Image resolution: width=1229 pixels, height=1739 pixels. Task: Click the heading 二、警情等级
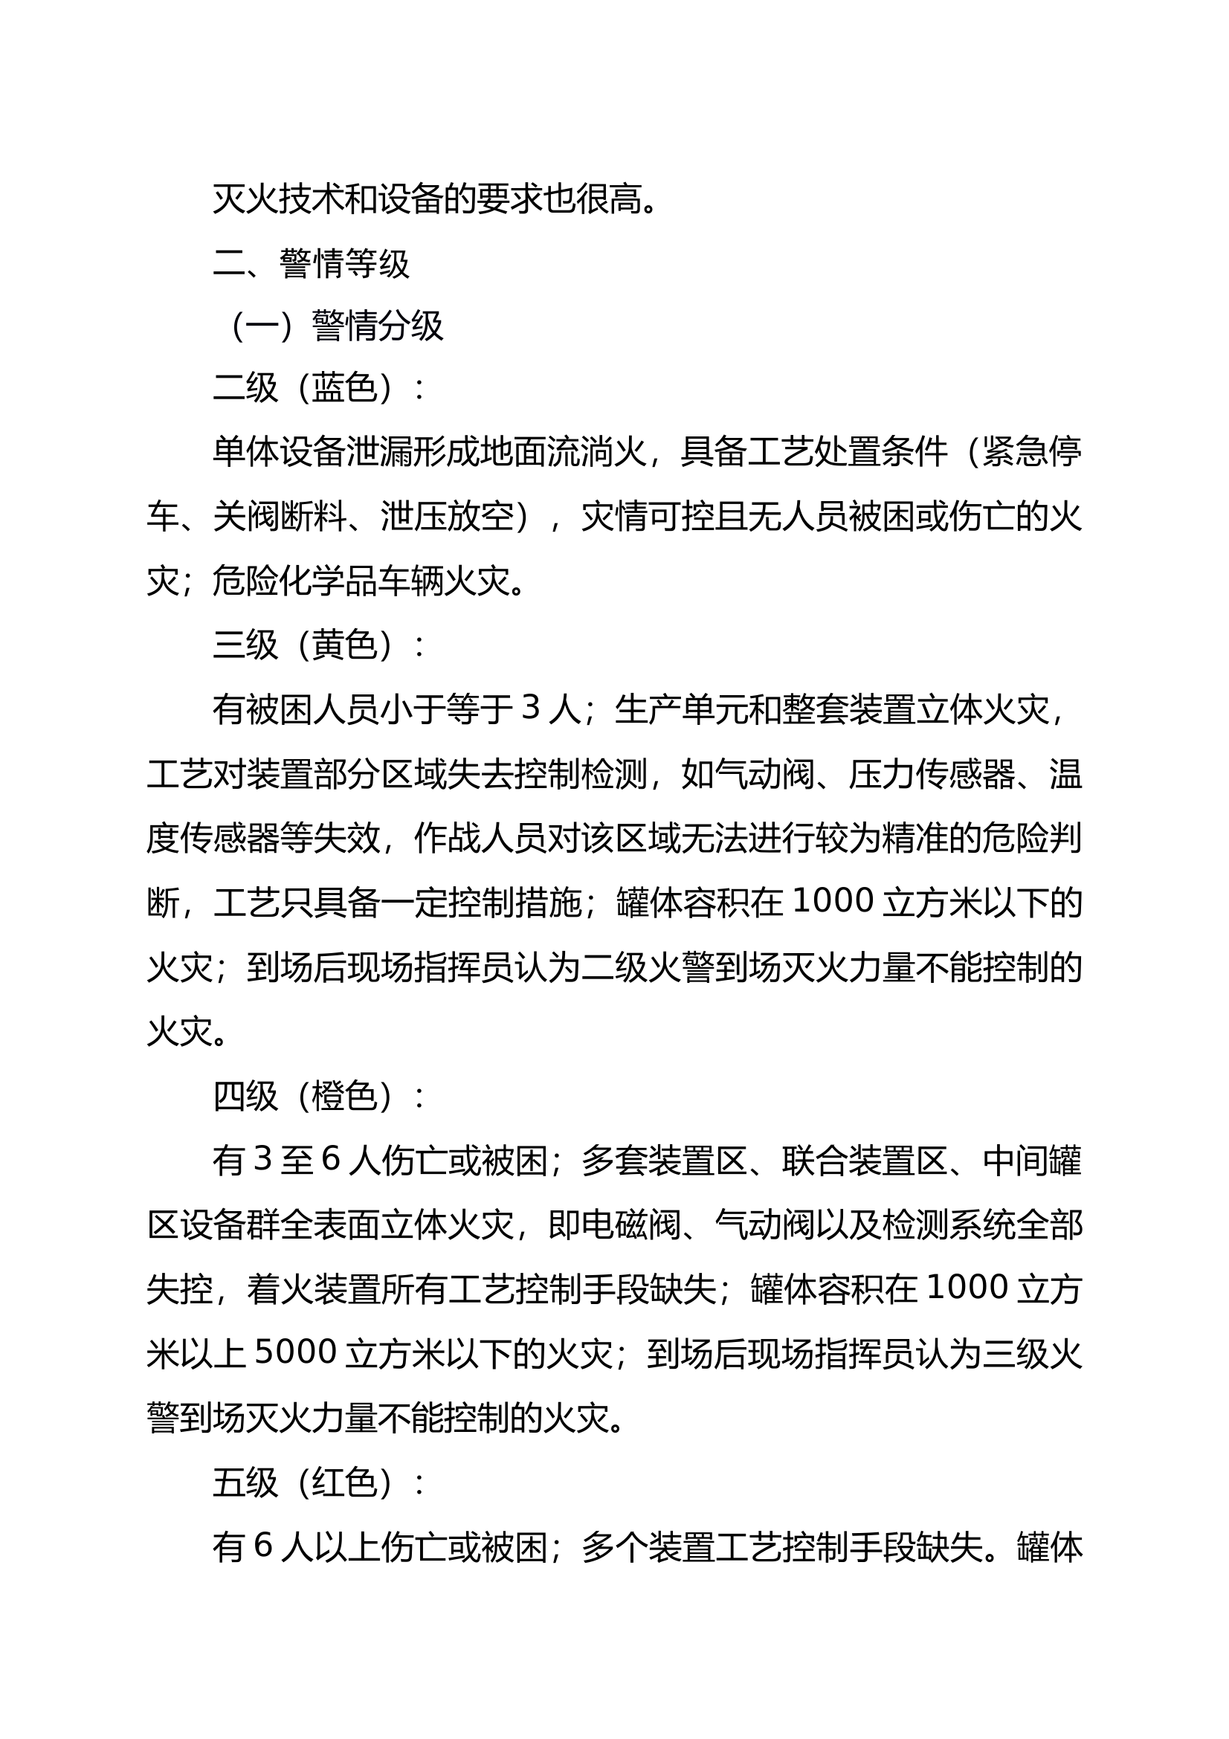(312, 264)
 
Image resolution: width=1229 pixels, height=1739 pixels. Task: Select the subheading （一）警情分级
(336, 327)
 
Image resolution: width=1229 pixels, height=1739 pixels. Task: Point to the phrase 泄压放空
(447, 518)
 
